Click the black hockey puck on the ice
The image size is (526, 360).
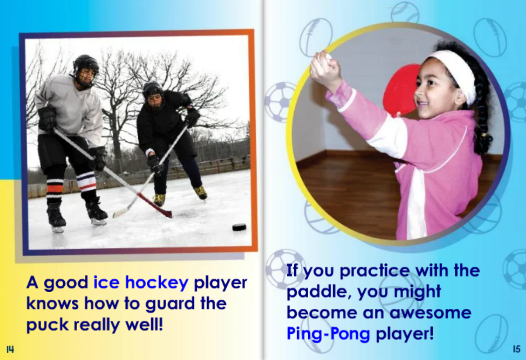pyautogui.click(x=239, y=227)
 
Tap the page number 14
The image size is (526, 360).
pyautogui.click(x=10, y=349)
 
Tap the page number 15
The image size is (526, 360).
pyautogui.click(x=515, y=349)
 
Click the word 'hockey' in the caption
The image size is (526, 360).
pyautogui.click(x=157, y=283)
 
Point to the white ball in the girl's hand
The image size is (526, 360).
pyautogui.click(x=328, y=56)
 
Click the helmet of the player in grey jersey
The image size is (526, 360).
pyautogui.click(x=85, y=64)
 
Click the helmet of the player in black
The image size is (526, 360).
pyautogui.click(x=153, y=89)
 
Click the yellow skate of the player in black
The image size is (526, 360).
pyautogui.click(x=201, y=192)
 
